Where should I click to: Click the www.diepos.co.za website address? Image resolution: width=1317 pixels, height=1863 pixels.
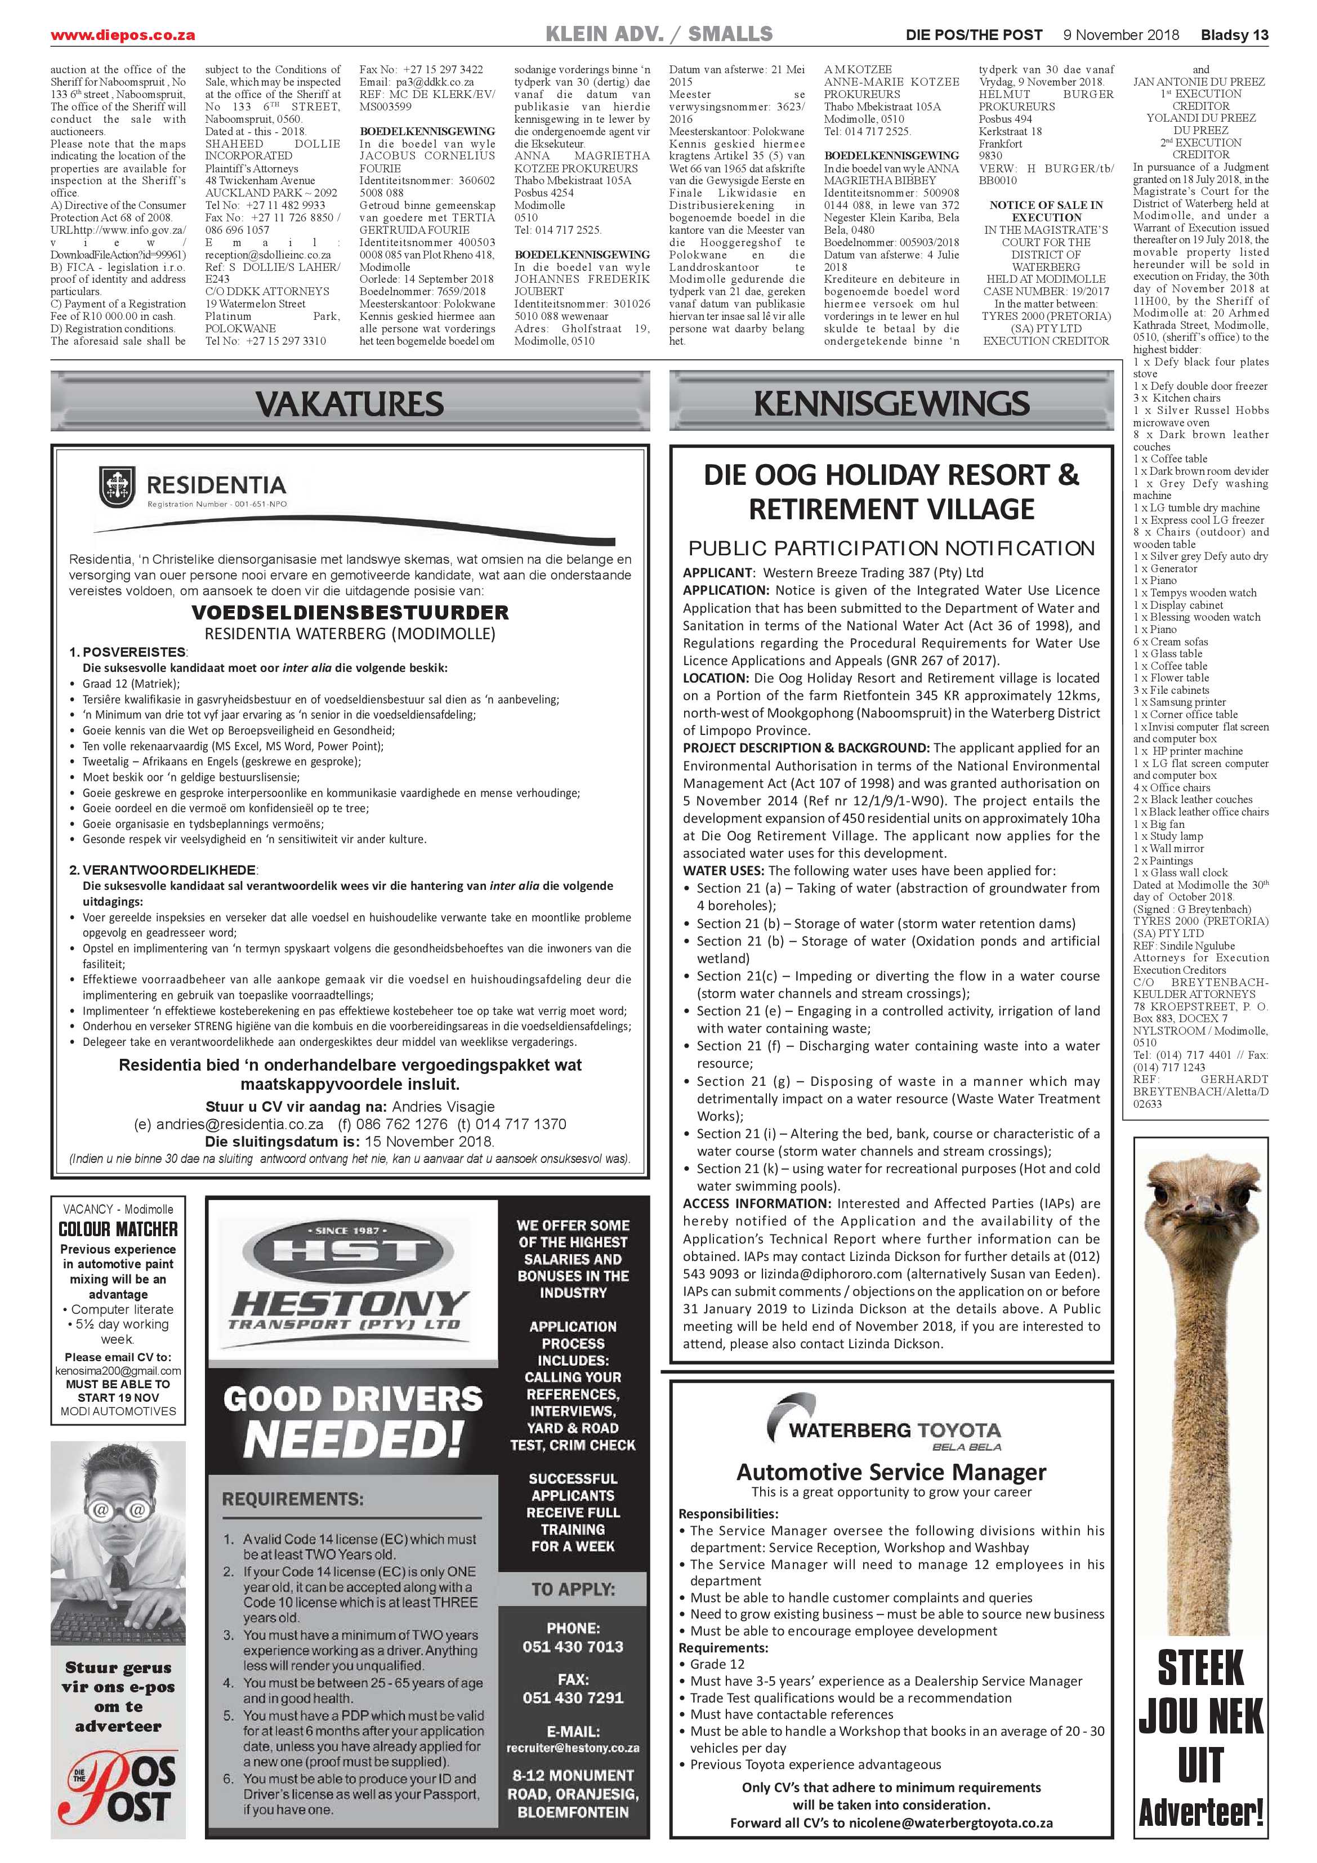[x=123, y=35]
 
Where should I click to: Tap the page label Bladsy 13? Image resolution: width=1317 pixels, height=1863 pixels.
[x=1234, y=35]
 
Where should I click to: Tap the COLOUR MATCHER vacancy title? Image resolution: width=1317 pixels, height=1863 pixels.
[x=118, y=1229]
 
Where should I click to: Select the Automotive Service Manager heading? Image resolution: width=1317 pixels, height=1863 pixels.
[x=891, y=1472]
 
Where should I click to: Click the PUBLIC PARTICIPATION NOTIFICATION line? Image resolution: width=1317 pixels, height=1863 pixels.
[x=891, y=549]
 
